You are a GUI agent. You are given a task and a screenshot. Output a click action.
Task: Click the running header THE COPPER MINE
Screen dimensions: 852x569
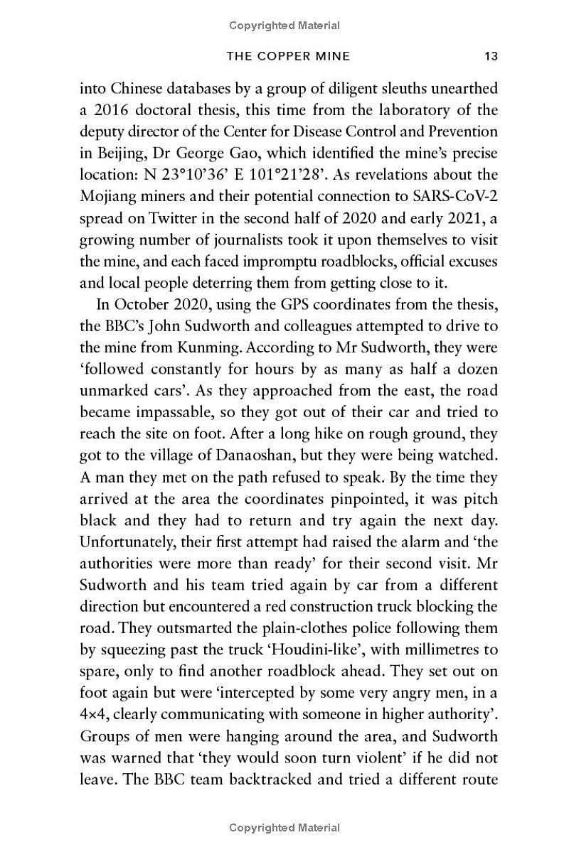pyautogui.click(x=287, y=56)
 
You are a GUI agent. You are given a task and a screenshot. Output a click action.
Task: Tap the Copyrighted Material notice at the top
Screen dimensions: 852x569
pyautogui.click(x=284, y=26)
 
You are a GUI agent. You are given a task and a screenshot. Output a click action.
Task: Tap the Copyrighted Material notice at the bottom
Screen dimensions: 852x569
pyautogui.click(x=284, y=827)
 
